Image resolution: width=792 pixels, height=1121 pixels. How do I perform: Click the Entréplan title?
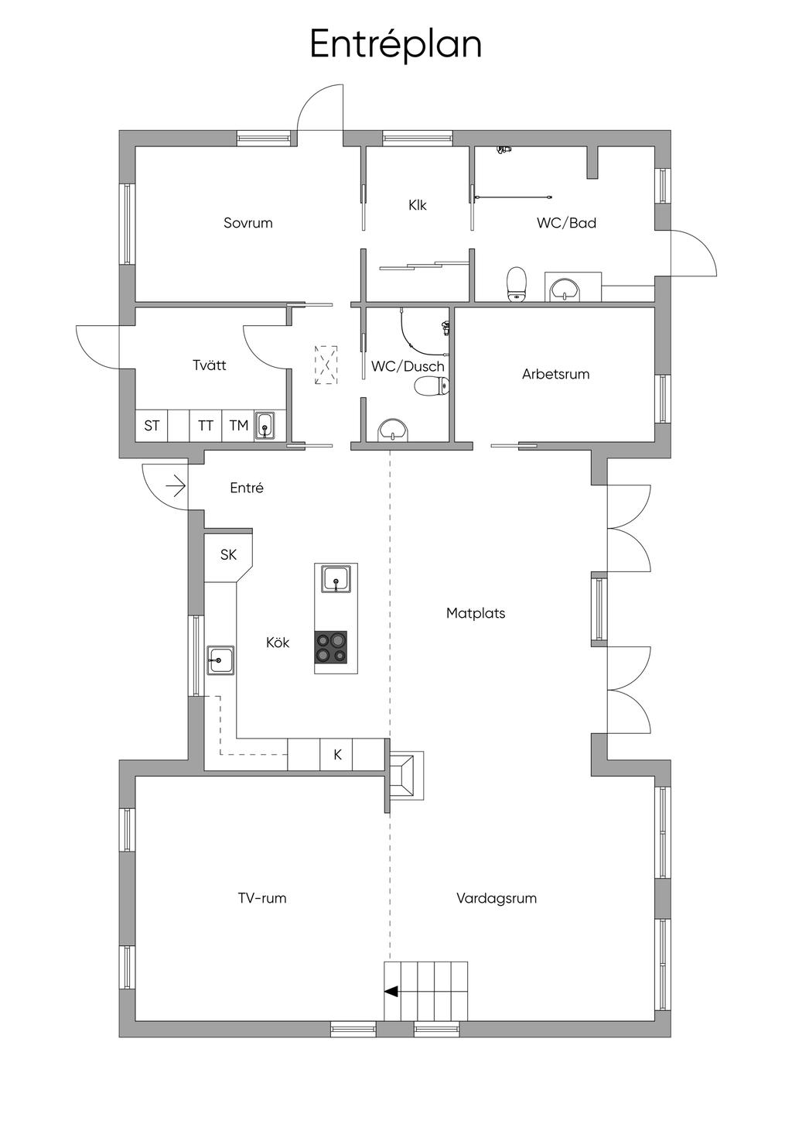395,44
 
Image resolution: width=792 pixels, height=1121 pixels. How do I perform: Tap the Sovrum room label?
247,223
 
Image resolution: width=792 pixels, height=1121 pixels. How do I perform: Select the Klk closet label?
417,205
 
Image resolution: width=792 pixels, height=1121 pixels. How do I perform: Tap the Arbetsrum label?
555,374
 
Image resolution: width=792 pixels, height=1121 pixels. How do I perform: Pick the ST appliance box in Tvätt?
152,426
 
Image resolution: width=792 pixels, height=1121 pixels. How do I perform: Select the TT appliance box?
205,426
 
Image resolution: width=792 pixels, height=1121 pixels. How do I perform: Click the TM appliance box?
238,426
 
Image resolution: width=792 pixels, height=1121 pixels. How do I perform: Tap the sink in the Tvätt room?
265,427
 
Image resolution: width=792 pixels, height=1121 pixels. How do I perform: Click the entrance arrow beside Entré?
176,487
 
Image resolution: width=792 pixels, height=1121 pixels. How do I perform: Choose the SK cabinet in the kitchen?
228,555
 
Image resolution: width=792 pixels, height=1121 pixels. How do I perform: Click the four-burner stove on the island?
330,647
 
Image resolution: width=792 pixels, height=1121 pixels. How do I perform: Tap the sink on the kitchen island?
336,579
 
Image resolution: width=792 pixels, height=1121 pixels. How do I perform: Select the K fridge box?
337,755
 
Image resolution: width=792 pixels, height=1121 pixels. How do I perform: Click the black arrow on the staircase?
391,991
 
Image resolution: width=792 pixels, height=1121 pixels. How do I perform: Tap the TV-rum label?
262,898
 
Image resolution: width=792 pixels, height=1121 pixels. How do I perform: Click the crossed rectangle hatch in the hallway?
326,364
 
